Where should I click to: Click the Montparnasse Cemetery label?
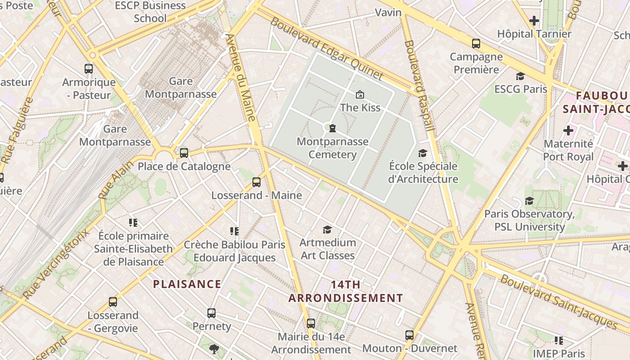333,148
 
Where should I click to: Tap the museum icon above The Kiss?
360,94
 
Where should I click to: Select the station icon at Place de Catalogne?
184,153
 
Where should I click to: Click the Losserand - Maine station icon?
256,182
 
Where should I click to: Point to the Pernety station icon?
211,313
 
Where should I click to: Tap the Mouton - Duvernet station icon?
409,335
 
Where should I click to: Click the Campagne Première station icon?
476,44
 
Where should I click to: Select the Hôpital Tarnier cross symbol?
534,21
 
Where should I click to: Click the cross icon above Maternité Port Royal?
568,130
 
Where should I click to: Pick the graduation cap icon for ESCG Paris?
521,76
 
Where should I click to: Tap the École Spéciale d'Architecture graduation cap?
423,153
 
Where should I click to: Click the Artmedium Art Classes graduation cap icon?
327,230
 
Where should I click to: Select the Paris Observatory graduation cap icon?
529,201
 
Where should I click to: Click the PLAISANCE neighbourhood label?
187,284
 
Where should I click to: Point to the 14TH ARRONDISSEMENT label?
346,291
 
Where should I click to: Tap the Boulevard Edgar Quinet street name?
326,48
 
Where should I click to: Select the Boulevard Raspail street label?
419,85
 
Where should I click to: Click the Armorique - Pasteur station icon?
89,69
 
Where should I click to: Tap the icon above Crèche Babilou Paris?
234,231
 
